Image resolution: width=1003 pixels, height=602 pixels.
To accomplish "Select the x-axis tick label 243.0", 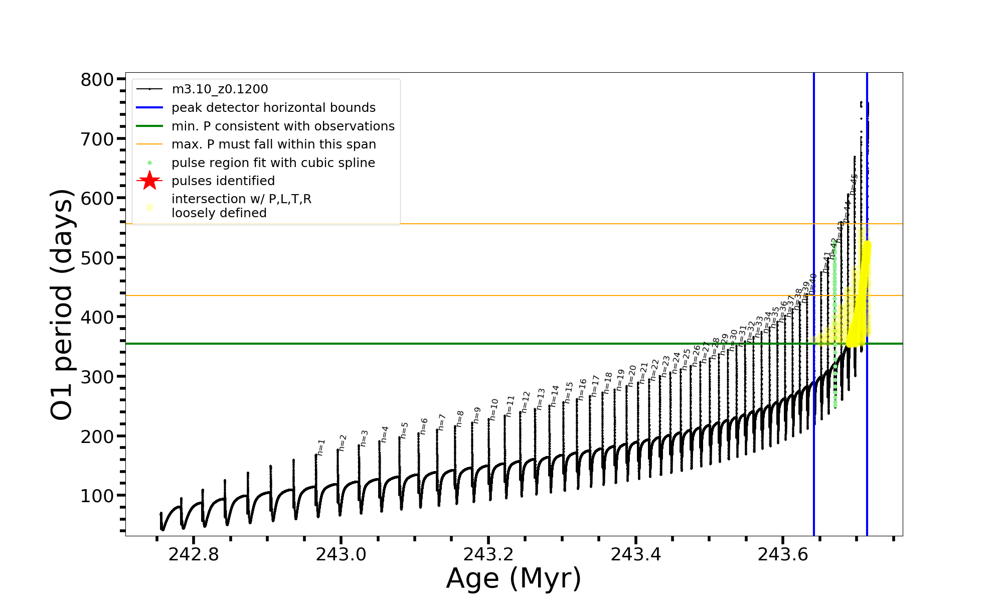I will point(341,554).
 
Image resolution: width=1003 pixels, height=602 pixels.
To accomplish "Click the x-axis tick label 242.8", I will point(194,554).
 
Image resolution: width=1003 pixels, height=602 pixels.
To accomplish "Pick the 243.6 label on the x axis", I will point(783,554).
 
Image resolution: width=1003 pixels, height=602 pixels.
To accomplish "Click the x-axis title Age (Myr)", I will point(514,578).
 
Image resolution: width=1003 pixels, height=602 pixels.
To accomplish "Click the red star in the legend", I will point(149,181).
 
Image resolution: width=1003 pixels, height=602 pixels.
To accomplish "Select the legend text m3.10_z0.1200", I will point(220,89).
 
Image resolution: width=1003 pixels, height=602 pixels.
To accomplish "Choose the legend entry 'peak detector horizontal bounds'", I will point(273,108).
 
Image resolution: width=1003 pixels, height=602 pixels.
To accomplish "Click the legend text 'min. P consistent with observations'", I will point(283,126).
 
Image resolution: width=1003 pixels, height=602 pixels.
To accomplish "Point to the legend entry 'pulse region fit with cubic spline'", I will point(273,163).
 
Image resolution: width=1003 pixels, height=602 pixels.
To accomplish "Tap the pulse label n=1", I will point(321,447).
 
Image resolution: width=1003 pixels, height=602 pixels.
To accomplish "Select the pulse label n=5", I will point(404,430).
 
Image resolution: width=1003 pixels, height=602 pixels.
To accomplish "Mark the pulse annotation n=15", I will point(568,392).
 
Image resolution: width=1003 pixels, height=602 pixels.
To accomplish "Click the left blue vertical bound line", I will point(814,452).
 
